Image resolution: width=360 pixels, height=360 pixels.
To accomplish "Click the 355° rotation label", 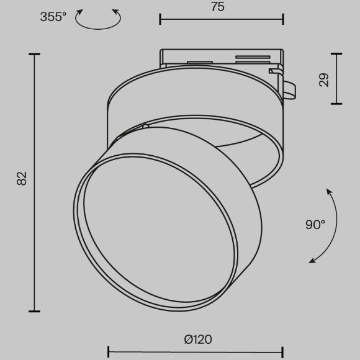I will [x=53, y=17].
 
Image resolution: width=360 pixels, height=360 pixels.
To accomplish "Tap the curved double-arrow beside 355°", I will [x=98, y=19].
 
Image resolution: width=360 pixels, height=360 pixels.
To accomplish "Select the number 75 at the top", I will [x=217, y=7].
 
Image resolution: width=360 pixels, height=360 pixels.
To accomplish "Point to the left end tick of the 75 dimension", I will [x=160, y=20].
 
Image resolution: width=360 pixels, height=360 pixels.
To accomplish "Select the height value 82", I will [x=22, y=179].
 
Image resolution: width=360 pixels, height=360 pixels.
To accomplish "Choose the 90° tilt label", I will [x=315, y=225].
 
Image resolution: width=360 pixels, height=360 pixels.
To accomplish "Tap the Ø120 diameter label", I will [x=198, y=339].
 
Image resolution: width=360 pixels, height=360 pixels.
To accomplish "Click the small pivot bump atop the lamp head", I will [x=145, y=126].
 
